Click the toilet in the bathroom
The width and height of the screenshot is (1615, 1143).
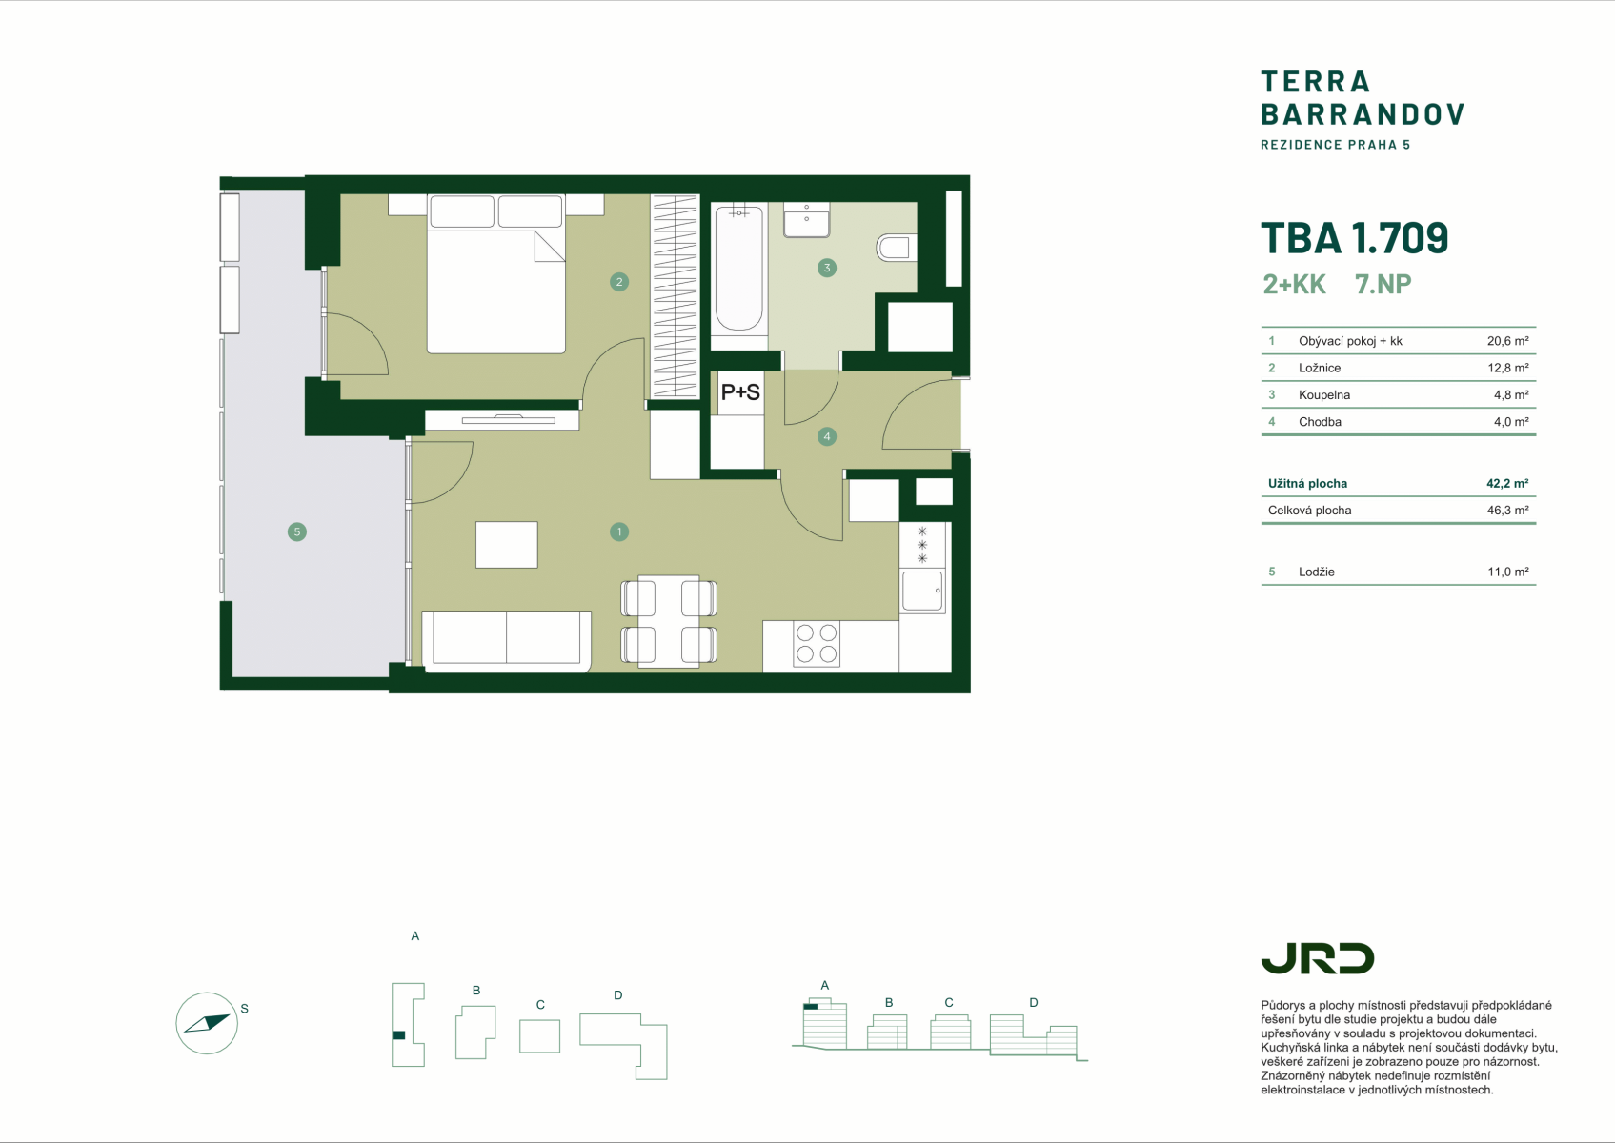coord(897,248)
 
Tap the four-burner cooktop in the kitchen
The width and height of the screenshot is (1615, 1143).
coord(817,644)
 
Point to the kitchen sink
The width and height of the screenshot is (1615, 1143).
coord(922,591)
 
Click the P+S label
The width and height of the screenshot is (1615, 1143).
coord(740,392)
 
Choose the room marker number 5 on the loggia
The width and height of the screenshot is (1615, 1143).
coord(297,531)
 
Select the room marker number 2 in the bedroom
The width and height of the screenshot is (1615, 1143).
coord(618,282)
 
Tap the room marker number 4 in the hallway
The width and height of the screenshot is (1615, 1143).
coord(827,436)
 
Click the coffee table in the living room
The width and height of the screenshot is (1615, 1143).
coord(506,545)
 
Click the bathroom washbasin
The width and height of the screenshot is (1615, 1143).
coord(806,219)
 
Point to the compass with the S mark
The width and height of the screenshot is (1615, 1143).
coord(207,1023)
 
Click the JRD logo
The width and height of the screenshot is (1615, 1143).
coord(1317,958)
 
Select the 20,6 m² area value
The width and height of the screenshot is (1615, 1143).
coord(1507,341)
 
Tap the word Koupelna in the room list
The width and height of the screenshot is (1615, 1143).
coord(1324,395)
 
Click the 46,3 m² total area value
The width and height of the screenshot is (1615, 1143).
coord(1507,511)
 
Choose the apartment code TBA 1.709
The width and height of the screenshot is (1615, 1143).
coord(1355,238)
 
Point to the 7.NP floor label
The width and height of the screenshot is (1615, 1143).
coord(1383,284)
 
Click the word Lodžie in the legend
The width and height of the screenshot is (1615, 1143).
coord(1317,571)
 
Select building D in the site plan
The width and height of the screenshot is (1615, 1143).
coord(624,1045)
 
